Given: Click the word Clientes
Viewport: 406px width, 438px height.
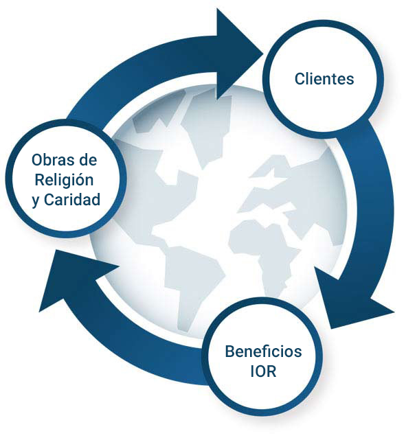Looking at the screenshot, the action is click(324, 79).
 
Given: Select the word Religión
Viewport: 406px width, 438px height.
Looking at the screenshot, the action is click(65, 180).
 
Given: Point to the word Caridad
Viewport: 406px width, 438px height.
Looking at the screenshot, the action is click(72, 200).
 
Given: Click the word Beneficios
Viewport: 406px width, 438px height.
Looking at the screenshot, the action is click(263, 351).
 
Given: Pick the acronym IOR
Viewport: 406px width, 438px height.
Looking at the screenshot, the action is click(263, 371).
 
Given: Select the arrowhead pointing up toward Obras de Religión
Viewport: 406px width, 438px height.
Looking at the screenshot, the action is click(76, 277).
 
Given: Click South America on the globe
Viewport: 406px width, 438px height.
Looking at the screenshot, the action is click(193, 282).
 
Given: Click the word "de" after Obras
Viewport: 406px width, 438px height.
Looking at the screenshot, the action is click(88, 160).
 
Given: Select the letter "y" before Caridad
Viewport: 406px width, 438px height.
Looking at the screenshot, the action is click(36, 201).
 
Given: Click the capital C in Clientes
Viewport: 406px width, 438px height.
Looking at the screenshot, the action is click(300, 79).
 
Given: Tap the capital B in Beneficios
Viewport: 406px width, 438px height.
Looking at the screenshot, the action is click(230, 351).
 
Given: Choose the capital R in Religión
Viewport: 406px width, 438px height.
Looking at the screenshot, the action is click(40, 180).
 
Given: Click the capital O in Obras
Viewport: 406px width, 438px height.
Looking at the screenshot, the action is click(38, 160).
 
